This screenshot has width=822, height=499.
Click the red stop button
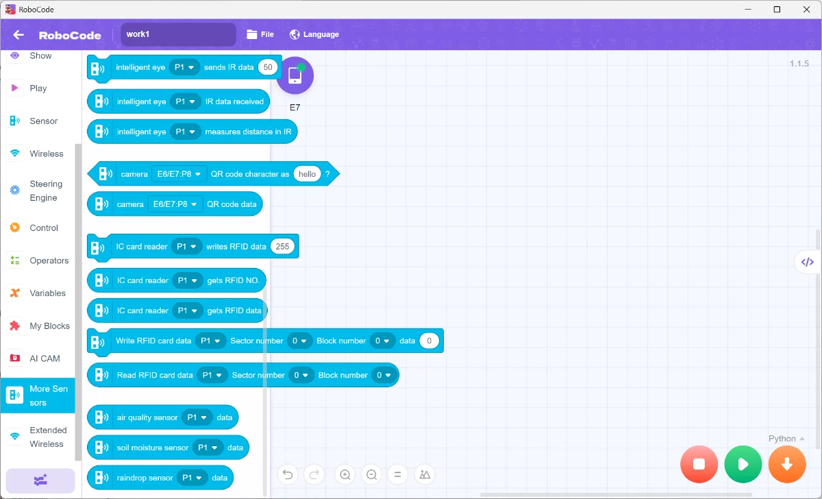(x=699, y=464)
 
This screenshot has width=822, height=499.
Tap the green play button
(x=743, y=464)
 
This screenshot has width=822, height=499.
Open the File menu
(x=260, y=34)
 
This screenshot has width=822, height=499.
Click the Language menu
(x=314, y=34)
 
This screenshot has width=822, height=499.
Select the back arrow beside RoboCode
(x=18, y=35)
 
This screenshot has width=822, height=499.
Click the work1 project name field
(x=178, y=34)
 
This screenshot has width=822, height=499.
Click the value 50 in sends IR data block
(x=268, y=67)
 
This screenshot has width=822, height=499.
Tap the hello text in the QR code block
(x=307, y=174)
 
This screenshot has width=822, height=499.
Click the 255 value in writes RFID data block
(x=282, y=246)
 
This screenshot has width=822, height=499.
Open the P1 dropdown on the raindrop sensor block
(x=192, y=478)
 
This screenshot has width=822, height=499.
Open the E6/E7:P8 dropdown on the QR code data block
(x=175, y=204)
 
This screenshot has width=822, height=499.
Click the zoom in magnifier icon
(x=345, y=475)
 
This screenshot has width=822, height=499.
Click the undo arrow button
(x=288, y=475)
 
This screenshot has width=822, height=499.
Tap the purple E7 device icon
(x=295, y=75)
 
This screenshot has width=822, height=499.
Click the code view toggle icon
(x=808, y=262)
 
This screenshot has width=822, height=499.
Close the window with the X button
(x=806, y=9)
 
